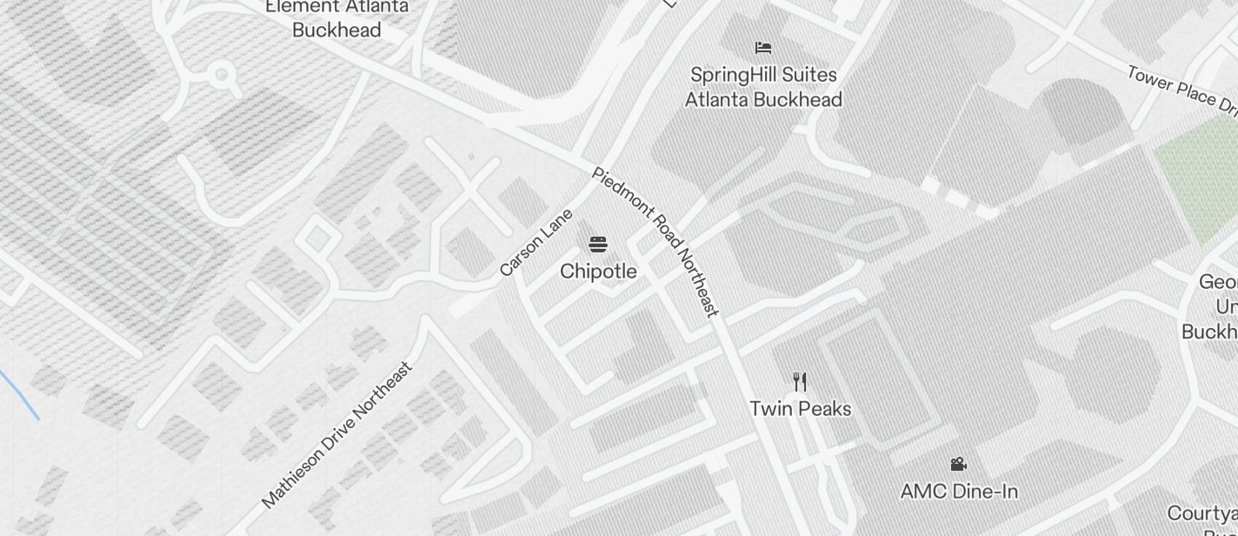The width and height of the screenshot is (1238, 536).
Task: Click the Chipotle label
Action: point(598,271)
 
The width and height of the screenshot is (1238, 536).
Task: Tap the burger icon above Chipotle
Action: point(597,244)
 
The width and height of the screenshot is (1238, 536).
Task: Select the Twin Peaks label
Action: point(800,408)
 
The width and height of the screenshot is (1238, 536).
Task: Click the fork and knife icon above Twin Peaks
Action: point(800,381)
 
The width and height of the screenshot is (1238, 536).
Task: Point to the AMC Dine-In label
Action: point(959,492)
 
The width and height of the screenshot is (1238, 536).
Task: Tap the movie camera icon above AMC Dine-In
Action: point(959,465)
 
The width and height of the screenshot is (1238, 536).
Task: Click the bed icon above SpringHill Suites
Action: point(763,48)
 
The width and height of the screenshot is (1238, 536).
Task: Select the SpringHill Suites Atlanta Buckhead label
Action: point(763,87)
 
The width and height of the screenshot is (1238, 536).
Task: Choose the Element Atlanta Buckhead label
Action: point(336,17)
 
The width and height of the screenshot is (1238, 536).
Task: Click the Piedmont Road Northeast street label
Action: point(656,241)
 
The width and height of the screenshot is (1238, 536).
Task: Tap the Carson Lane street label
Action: point(536,243)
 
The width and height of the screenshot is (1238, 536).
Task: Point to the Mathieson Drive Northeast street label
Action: point(336,434)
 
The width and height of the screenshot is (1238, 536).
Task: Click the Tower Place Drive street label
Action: point(1182,90)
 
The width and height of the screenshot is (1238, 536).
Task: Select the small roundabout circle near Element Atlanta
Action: point(223,75)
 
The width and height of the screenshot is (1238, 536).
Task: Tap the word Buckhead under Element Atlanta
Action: point(336,30)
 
